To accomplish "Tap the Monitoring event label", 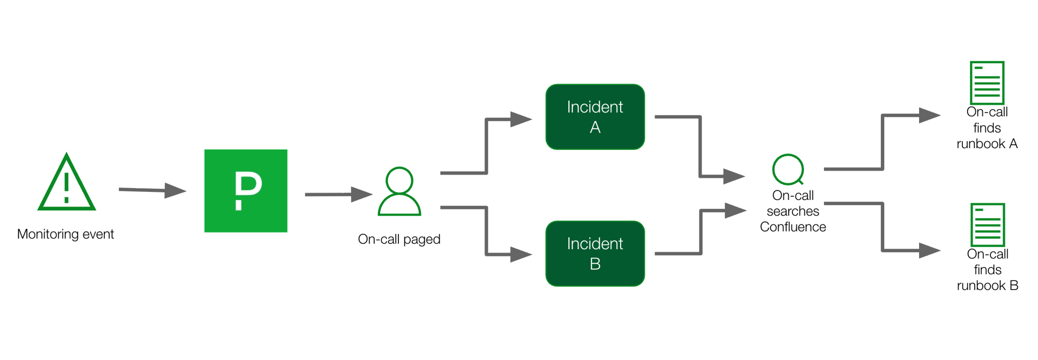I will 65,234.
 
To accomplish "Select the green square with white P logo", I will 245,191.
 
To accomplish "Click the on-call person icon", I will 400,191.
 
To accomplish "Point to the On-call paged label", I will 399,239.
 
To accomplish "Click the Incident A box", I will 595,117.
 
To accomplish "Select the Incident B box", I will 595,254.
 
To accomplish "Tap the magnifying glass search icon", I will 788,170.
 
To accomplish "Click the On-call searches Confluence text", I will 793,211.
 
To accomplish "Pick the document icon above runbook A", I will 987,83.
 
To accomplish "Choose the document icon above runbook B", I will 987,225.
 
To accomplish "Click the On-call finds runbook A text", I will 987,128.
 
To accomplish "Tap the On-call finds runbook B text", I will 987,270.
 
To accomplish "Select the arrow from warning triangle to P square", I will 152,190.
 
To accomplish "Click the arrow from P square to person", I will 338,194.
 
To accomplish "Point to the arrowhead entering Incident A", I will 521,119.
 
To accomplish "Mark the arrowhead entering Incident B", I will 521,254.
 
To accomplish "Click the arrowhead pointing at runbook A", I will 929,115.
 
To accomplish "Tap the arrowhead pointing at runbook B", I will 929,250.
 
